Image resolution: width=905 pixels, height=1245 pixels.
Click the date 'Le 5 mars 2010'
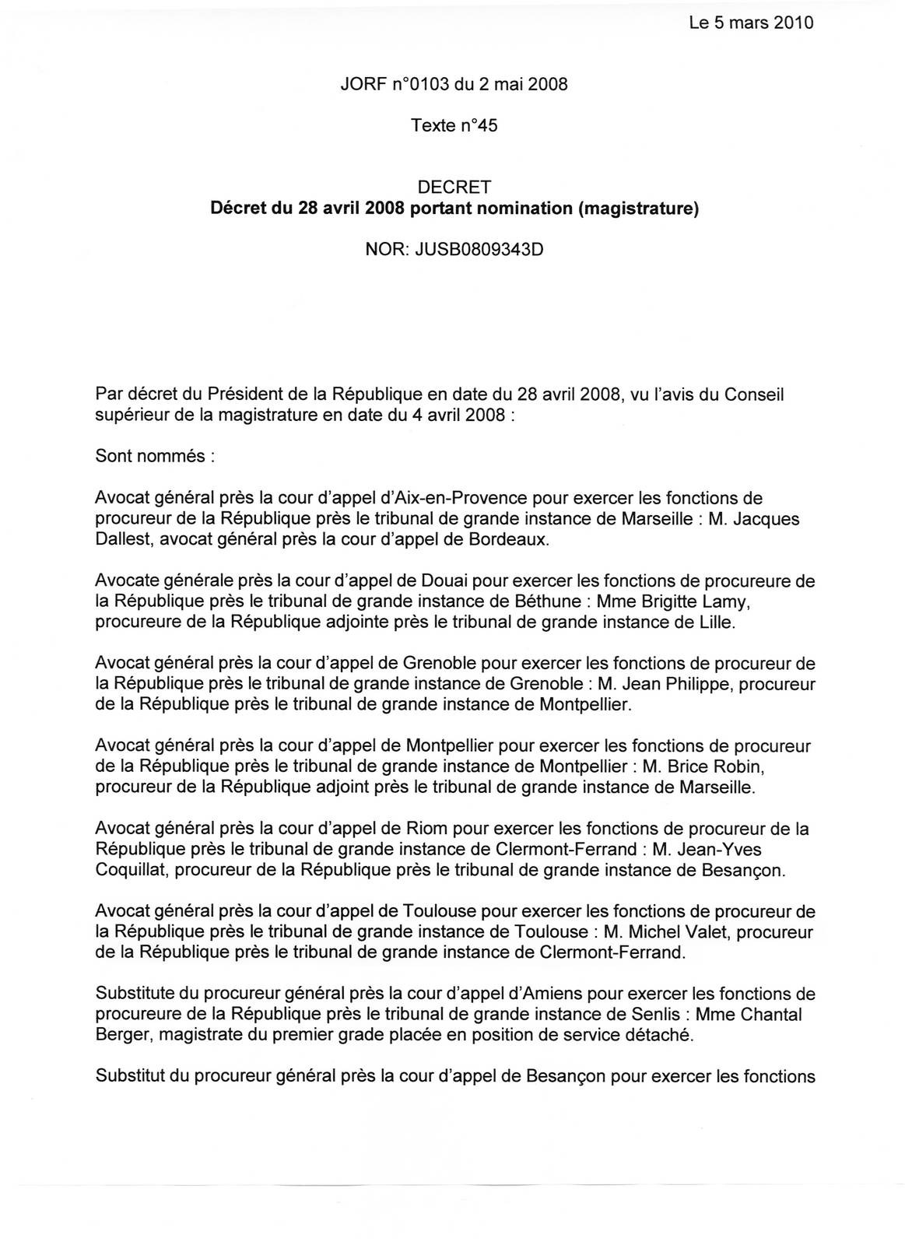click(751, 23)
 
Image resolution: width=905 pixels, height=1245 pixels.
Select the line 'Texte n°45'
click(454, 125)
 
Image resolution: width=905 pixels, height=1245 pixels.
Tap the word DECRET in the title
click(454, 188)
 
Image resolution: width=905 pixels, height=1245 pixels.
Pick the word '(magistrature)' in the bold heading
click(638, 209)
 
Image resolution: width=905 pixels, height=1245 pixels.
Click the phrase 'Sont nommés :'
click(154, 456)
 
